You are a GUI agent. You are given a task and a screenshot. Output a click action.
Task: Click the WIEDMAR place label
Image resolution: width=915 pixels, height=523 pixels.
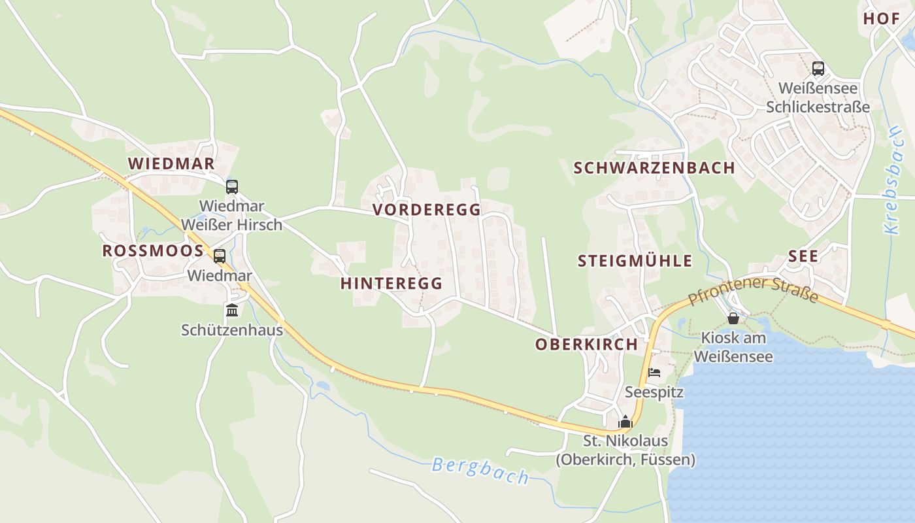click(171, 163)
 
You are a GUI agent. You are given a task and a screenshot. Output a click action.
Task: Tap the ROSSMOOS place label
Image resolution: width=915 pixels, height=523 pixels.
click(153, 251)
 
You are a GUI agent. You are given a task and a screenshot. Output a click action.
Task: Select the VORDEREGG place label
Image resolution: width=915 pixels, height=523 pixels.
click(427, 210)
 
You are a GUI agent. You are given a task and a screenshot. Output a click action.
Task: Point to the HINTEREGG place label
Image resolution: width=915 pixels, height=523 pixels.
click(391, 284)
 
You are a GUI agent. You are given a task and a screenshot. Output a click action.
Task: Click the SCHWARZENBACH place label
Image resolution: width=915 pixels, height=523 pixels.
click(654, 168)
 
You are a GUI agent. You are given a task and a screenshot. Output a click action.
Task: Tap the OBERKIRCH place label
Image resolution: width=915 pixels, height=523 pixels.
click(586, 345)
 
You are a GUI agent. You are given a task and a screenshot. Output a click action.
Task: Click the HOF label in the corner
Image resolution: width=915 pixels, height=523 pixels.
click(882, 18)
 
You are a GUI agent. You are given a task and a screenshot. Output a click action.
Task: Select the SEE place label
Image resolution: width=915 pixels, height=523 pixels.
click(803, 256)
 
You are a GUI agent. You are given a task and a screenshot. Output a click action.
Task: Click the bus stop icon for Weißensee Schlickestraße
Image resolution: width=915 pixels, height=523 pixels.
click(818, 68)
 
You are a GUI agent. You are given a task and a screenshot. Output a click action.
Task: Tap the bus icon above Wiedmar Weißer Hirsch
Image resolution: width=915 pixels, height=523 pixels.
click(232, 187)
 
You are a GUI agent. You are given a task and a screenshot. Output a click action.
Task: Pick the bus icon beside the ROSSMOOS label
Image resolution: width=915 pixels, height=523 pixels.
click(220, 256)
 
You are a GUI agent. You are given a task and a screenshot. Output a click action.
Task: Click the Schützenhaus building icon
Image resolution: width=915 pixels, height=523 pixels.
click(232, 311)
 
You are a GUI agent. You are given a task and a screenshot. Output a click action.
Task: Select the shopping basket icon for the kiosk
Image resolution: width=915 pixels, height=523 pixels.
click(733, 318)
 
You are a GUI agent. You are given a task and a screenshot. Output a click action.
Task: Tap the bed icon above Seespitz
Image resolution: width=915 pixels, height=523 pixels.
click(654, 373)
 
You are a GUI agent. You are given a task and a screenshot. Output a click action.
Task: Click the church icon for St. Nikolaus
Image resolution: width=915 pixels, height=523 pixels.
click(625, 422)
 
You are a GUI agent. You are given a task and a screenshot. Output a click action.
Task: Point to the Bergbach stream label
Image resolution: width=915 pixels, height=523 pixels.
click(480, 471)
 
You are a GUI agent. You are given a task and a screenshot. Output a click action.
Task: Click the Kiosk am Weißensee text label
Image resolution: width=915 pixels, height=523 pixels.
click(733, 347)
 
